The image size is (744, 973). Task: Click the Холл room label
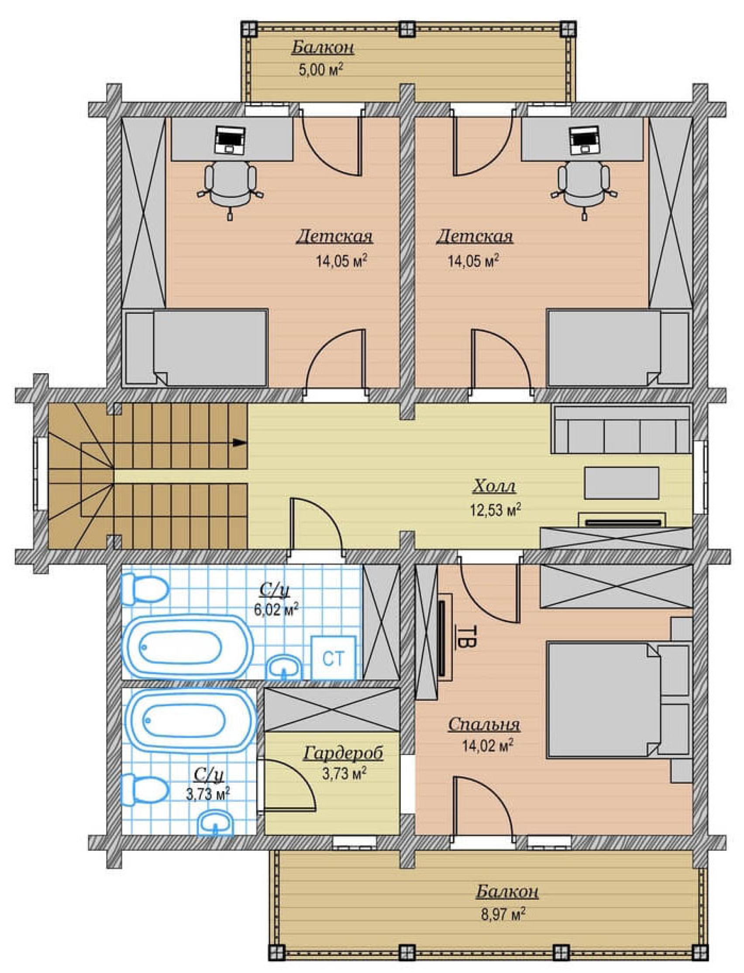tap(494, 486)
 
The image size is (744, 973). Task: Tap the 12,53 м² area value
tap(495, 509)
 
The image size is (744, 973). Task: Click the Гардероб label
tap(343, 753)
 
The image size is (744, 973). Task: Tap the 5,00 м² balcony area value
tap(320, 70)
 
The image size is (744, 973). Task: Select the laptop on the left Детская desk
tap(230, 140)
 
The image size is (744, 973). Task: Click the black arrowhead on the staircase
tap(240, 442)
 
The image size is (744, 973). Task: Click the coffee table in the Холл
tap(621, 483)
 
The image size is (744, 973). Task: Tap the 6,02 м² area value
tap(276, 610)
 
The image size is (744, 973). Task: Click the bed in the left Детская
tap(195, 347)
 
